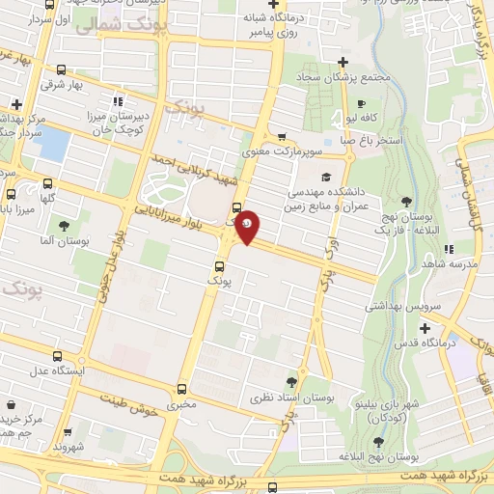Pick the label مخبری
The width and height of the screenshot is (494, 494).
(x=181, y=405)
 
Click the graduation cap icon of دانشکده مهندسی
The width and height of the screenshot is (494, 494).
(x=326, y=177)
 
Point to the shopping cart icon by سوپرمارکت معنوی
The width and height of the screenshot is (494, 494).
(x=282, y=136)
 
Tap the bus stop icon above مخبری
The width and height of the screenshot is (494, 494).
(x=181, y=389)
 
